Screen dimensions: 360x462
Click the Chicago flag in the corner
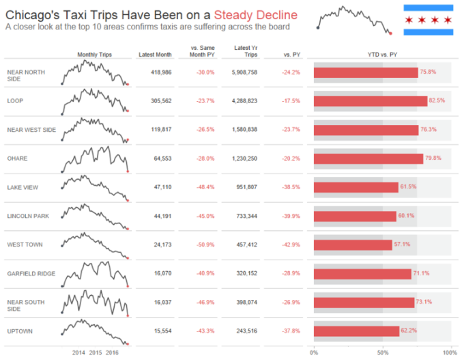pyautogui.click(x=429, y=19)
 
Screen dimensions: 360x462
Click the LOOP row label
pyautogui.click(x=15, y=100)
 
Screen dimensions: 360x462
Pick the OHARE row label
pyautogui.click(x=17, y=158)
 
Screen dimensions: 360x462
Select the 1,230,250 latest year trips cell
pyautogui.click(x=244, y=158)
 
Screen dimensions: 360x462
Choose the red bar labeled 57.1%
pyautogui.click(x=353, y=245)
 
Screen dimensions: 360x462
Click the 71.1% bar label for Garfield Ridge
pyautogui.click(x=421, y=273)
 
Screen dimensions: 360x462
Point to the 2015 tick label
pyautogui.click(x=95, y=352)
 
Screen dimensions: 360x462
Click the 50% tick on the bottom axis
pyautogui.click(x=383, y=352)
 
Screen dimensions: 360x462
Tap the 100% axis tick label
pyautogui.click(x=449, y=352)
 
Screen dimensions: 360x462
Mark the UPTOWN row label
pyautogui.click(x=20, y=331)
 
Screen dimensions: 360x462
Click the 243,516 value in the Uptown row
pyautogui.click(x=244, y=331)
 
